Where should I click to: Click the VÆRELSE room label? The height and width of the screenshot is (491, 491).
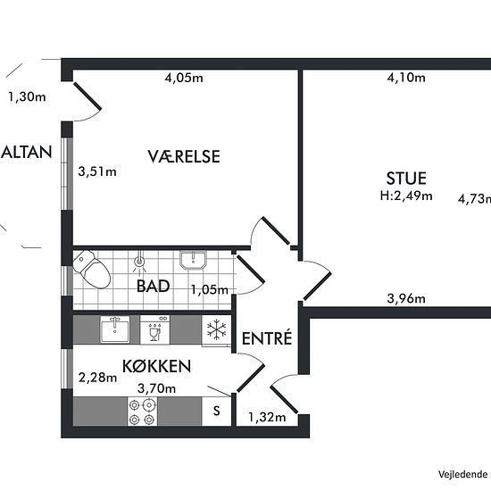coord(184,156)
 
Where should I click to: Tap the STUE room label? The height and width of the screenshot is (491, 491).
coord(406,179)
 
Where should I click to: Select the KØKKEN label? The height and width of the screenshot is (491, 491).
coord(156,366)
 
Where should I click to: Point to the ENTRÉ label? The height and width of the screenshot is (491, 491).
coord(267,337)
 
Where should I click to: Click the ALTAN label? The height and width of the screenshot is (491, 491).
coord(26,152)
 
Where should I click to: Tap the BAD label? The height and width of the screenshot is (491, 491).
coord(154,286)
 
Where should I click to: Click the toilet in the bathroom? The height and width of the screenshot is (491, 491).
coord(91,269)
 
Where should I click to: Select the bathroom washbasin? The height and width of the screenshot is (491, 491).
coord(193,260)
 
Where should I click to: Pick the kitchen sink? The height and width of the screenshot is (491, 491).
coord(114,329)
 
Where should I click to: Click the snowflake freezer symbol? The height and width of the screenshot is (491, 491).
coord(216,330)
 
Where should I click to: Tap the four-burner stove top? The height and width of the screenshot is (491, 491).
coord(143,412)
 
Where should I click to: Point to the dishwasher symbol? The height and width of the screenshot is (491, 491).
coord(155,329)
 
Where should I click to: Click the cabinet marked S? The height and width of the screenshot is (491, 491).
coord(217,412)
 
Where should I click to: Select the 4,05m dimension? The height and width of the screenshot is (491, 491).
coord(184,78)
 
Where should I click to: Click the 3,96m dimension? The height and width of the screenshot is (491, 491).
coord(406,298)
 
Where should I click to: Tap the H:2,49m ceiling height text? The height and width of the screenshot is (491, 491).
coord(406,196)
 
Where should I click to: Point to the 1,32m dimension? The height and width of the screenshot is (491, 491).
coord(267,417)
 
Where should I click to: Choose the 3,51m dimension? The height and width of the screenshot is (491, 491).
coord(97,171)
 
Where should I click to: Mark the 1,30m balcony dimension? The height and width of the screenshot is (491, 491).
coord(27,96)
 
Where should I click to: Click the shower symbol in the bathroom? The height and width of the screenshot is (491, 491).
coord(139,262)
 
